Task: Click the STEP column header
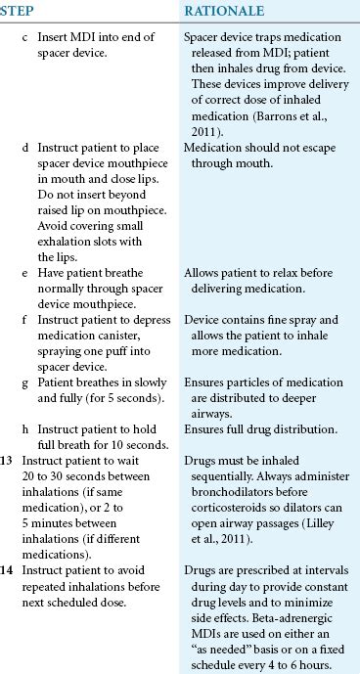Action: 19,12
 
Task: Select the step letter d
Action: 25,146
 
